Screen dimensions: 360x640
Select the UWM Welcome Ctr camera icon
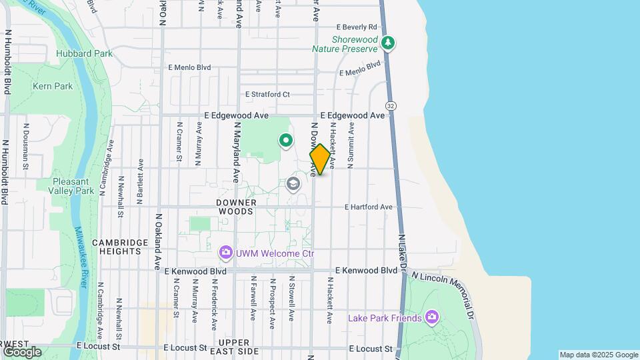point(226,253)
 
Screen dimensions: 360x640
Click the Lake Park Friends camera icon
point(432,317)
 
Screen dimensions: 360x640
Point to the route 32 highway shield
point(390,106)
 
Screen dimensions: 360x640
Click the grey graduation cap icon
point(293,183)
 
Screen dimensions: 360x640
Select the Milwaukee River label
point(82,257)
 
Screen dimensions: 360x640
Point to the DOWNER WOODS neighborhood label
point(235,206)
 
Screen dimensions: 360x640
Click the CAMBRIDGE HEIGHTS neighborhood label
point(120,247)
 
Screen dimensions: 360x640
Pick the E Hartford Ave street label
point(369,207)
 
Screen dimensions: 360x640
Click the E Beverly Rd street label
point(357,27)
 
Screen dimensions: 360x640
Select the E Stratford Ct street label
point(267,95)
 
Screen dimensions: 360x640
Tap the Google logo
point(21,351)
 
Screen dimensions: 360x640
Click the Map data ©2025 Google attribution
point(599,355)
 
